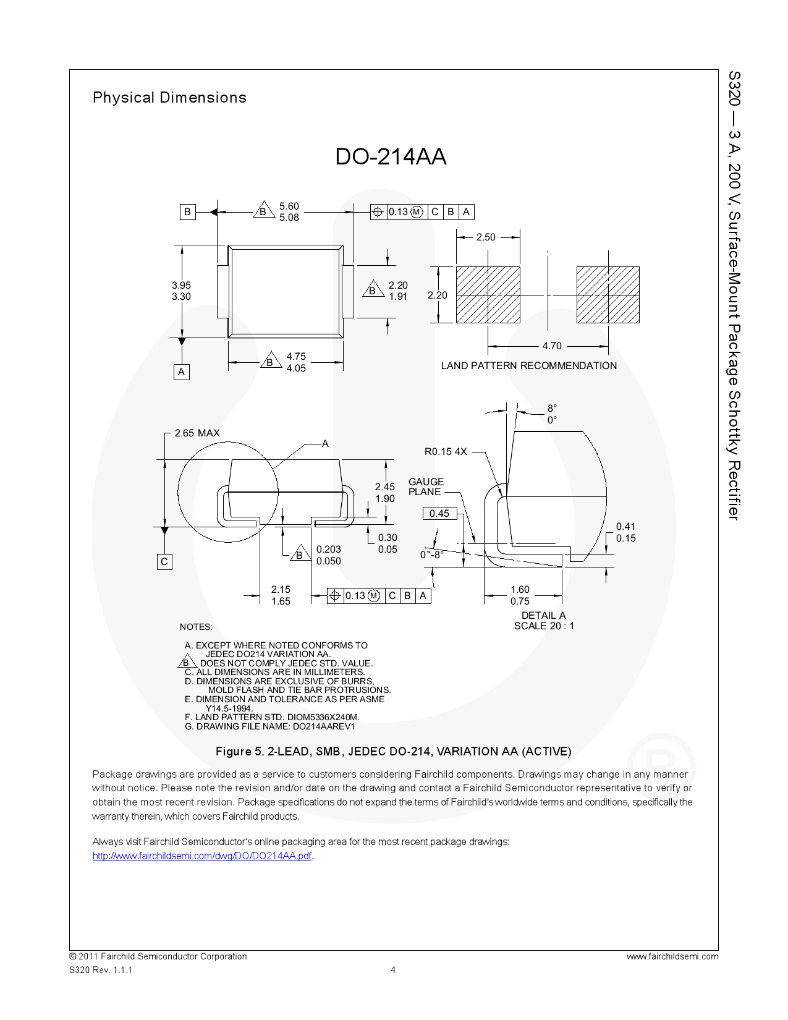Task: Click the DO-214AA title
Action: pyautogui.click(x=391, y=156)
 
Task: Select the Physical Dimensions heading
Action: pyautogui.click(x=169, y=98)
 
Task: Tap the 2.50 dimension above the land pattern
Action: pyautogui.click(x=486, y=237)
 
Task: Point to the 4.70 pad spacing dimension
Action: pyautogui.click(x=552, y=346)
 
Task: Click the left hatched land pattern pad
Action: pyautogui.click(x=488, y=295)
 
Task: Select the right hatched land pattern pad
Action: pyautogui.click(x=608, y=295)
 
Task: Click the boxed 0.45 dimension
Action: pyautogui.click(x=439, y=514)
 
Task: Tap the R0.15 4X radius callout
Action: pyautogui.click(x=446, y=452)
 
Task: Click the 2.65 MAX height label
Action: pyautogui.click(x=197, y=433)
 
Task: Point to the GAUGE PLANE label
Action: pyautogui.click(x=426, y=487)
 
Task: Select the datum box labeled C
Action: pyautogui.click(x=164, y=562)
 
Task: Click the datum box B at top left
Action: pyautogui.click(x=187, y=212)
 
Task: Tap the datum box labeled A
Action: pyautogui.click(x=181, y=372)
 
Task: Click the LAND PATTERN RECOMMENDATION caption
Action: pyautogui.click(x=528, y=366)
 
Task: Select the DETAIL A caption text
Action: pyautogui.click(x=543, y=616)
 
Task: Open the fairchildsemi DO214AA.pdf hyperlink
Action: pyautogui.click(x=201, y=856)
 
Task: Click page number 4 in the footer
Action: pyautogui.click(x=393, y=970)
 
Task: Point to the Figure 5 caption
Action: pyautogui.click(x=393, y=752)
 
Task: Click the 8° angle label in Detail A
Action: pyautogui.click(x=552, y=409)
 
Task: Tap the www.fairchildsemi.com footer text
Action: pyautogui.click(x=672, y=957)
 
